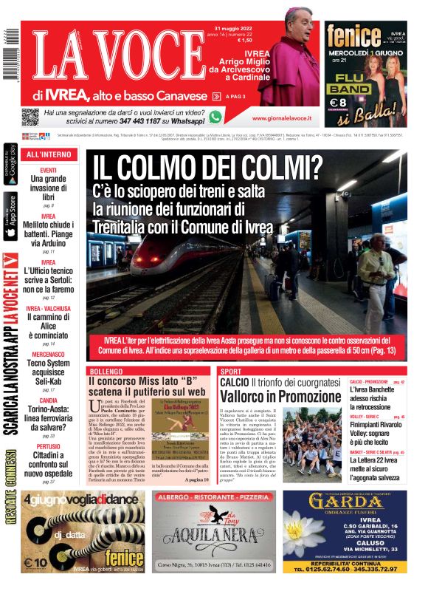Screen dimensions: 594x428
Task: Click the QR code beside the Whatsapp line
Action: [x=30, y=117]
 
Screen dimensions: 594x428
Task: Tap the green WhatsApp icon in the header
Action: [x=215, y=117]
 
